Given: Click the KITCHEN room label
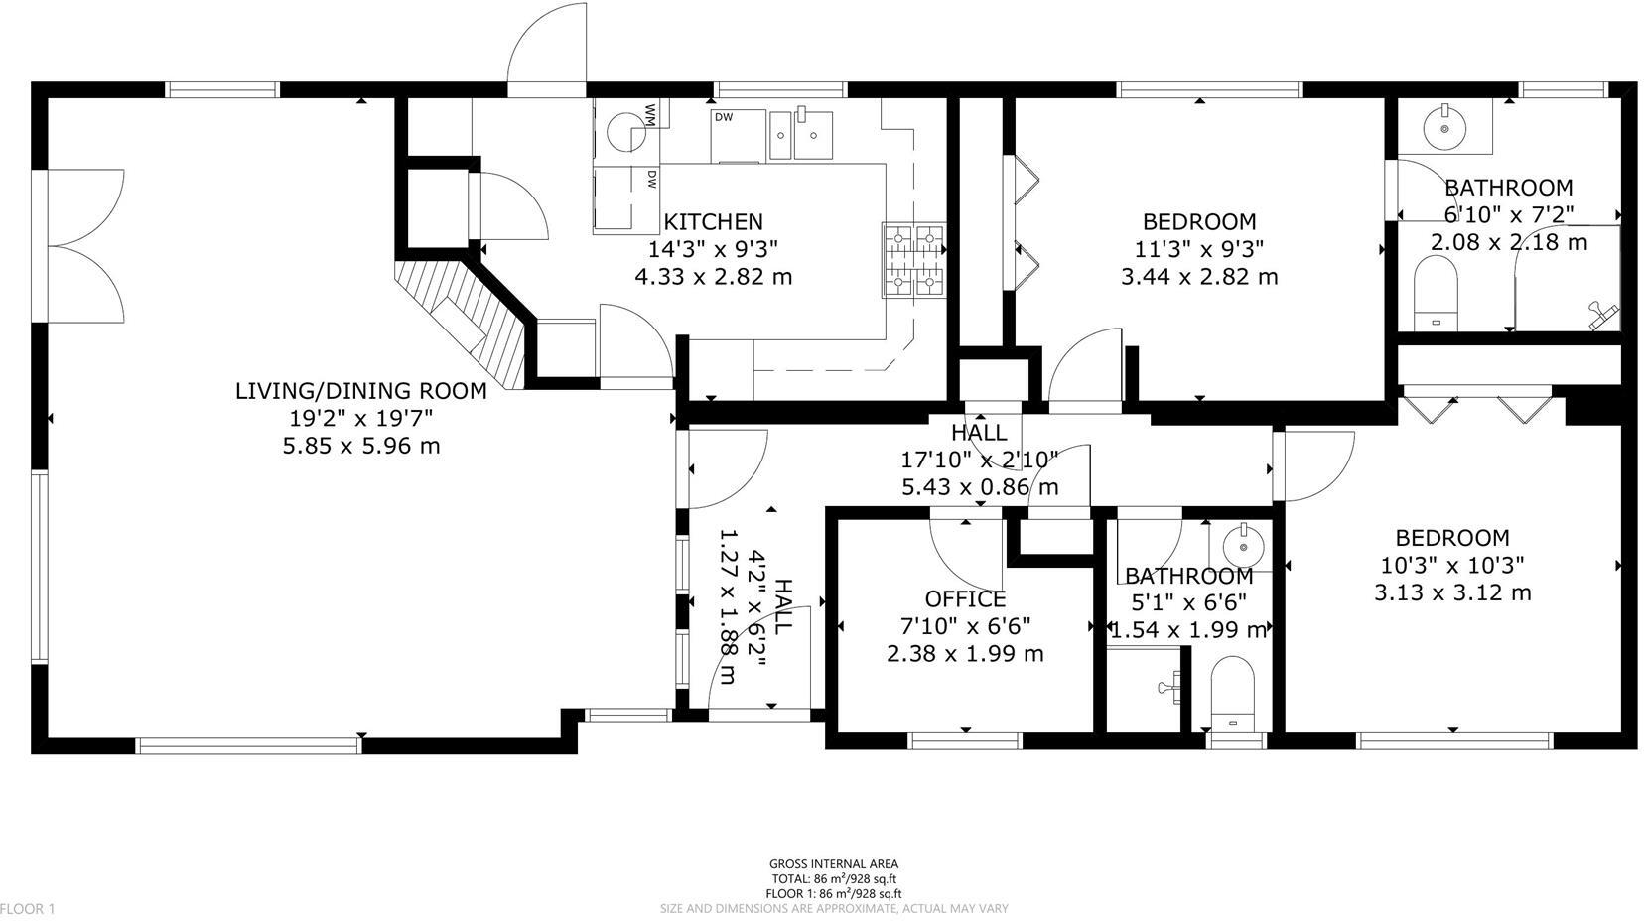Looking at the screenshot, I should tap(713, 221).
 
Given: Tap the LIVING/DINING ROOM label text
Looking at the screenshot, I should tap(360, 390).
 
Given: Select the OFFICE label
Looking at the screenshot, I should tap(965, 598).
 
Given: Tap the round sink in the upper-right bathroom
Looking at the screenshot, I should tap(1443, 127).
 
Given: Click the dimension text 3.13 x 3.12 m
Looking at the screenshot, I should tap(1451, 592).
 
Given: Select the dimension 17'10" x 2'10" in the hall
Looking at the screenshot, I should tap(979, 459).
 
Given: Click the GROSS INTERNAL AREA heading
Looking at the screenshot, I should tap(833, 864).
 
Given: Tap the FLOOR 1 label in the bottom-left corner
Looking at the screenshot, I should tap(28, 908).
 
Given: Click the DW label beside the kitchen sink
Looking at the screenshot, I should tap(723, 117).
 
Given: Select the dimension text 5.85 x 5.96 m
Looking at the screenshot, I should tap(360, 446).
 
